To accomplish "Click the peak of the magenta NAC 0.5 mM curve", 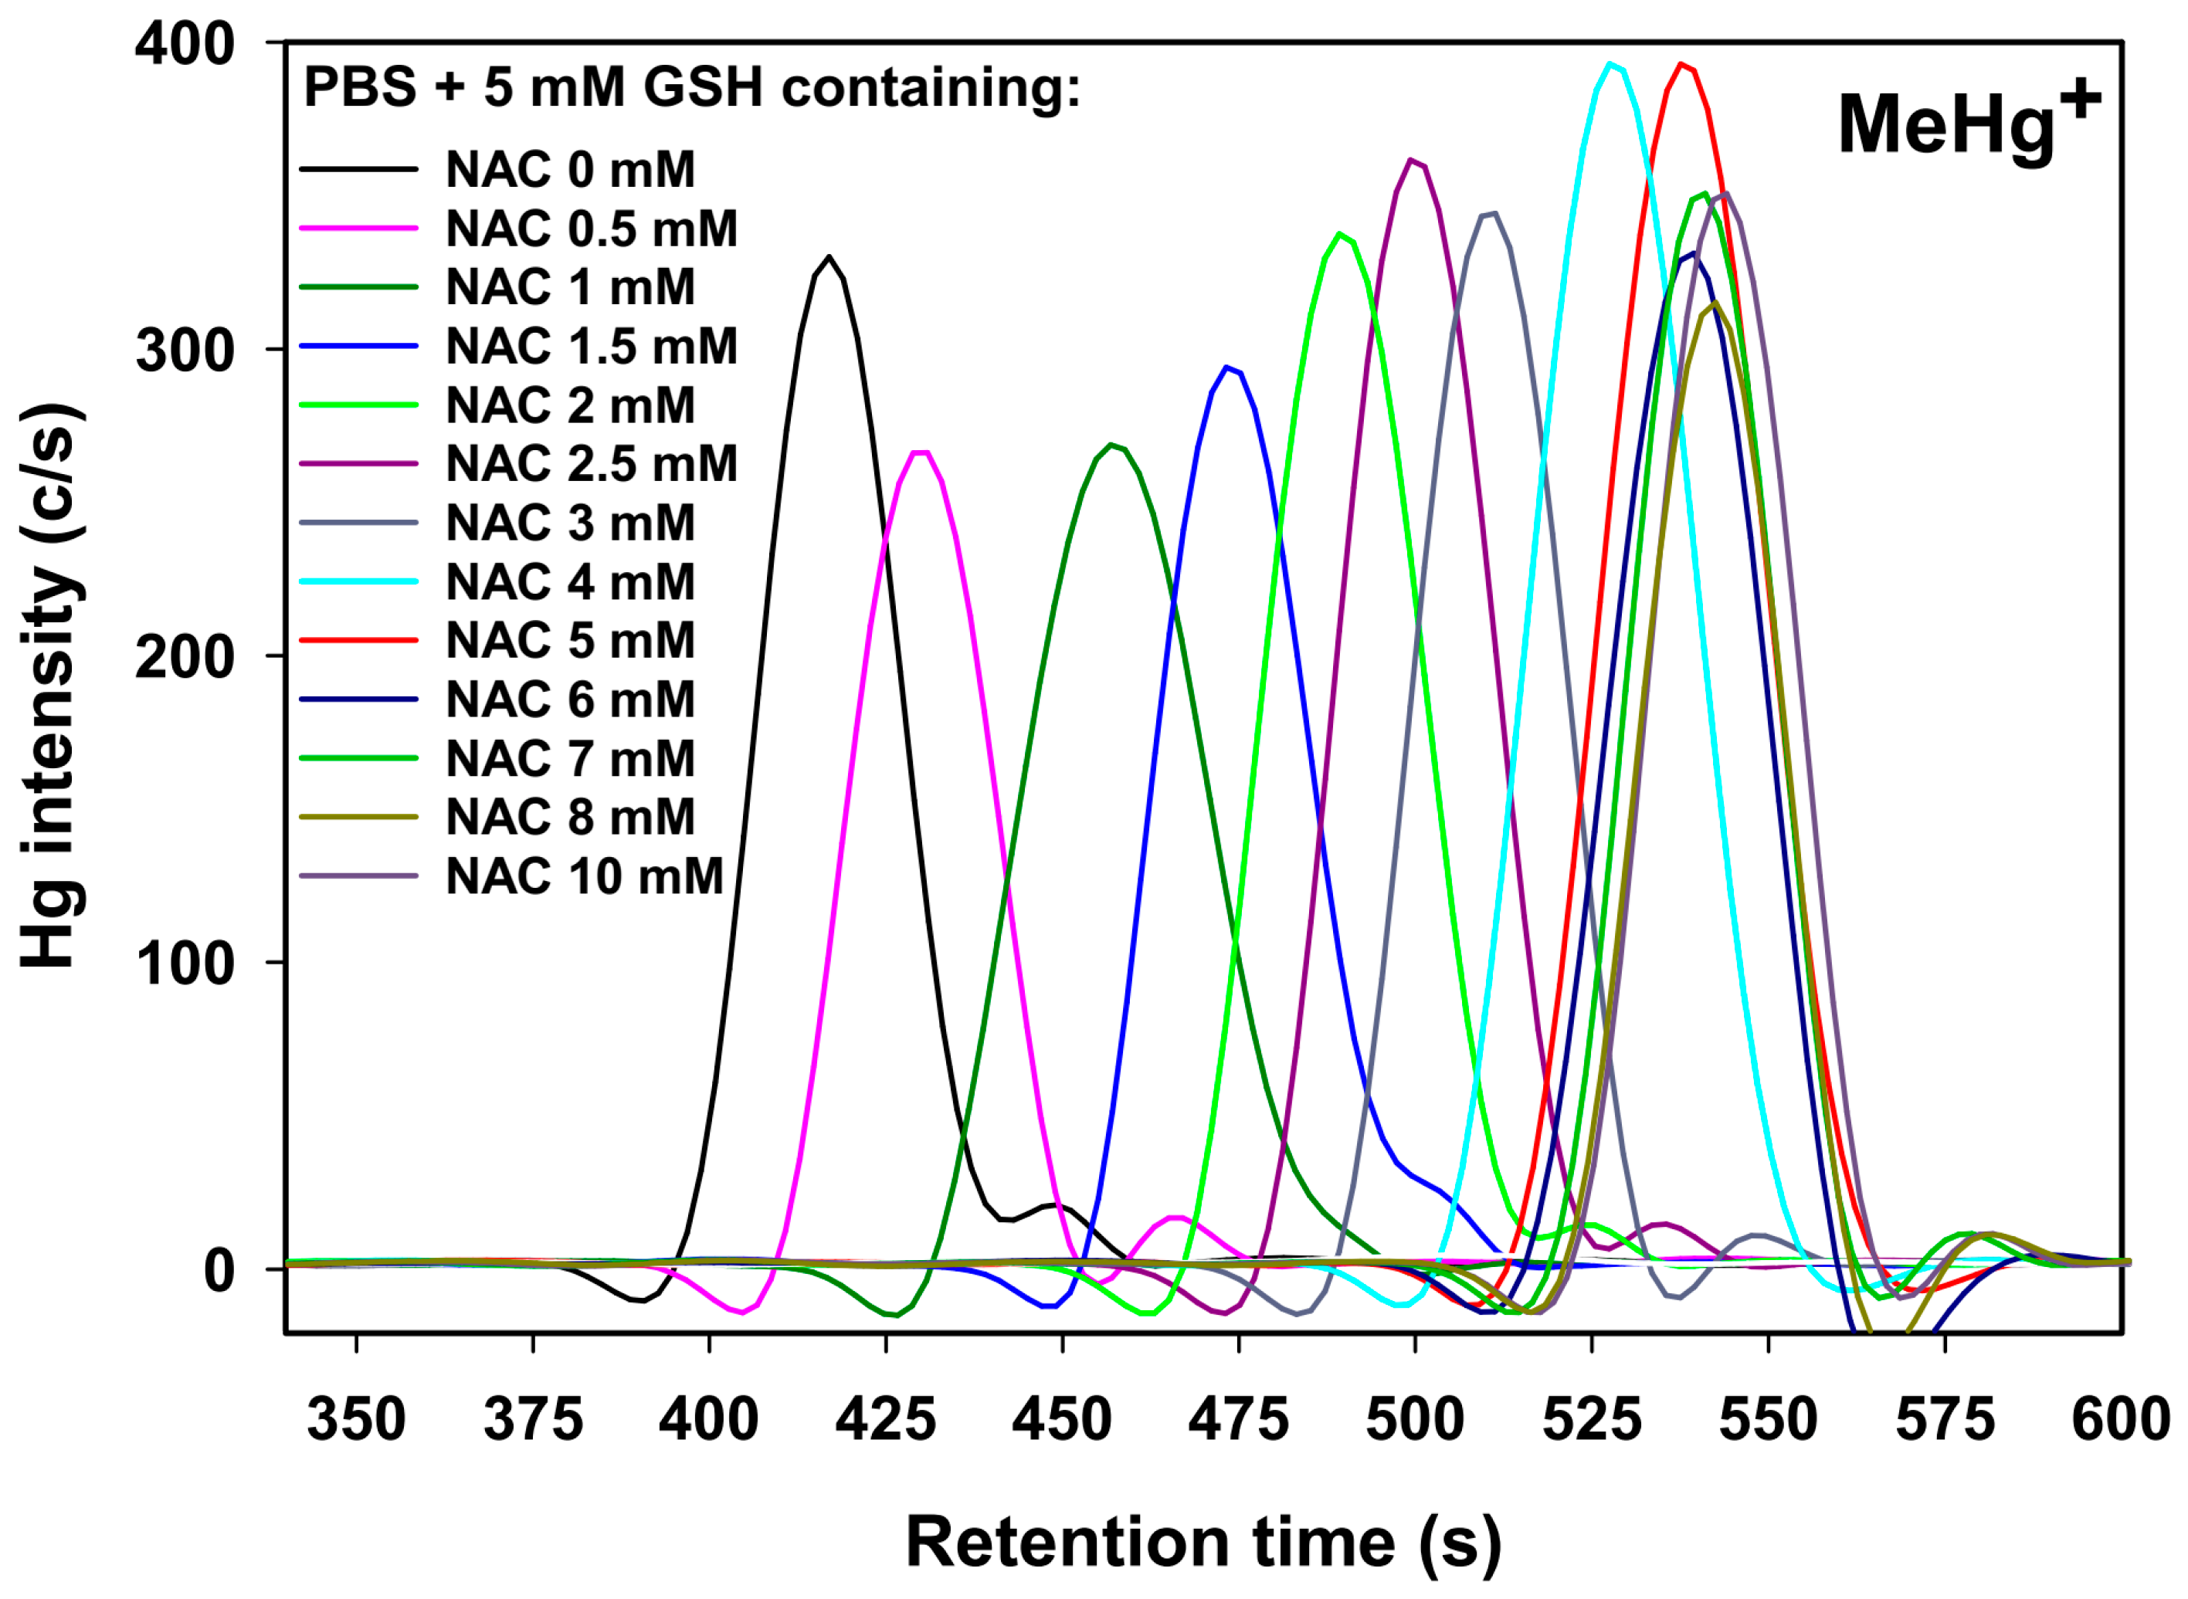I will (920, 454).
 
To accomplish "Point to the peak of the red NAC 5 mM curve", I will (1681, 66).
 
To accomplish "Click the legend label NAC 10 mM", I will (584, 877).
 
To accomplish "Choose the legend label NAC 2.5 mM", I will (592, 465).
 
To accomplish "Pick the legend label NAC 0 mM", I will (570, 171).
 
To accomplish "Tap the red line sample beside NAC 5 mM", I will (358, 641).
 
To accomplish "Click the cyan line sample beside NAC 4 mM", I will (358, 581).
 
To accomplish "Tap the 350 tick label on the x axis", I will (356, 1421).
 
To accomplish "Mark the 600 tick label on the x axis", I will (2120, 1421).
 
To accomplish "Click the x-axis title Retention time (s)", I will (1203, 1543).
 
